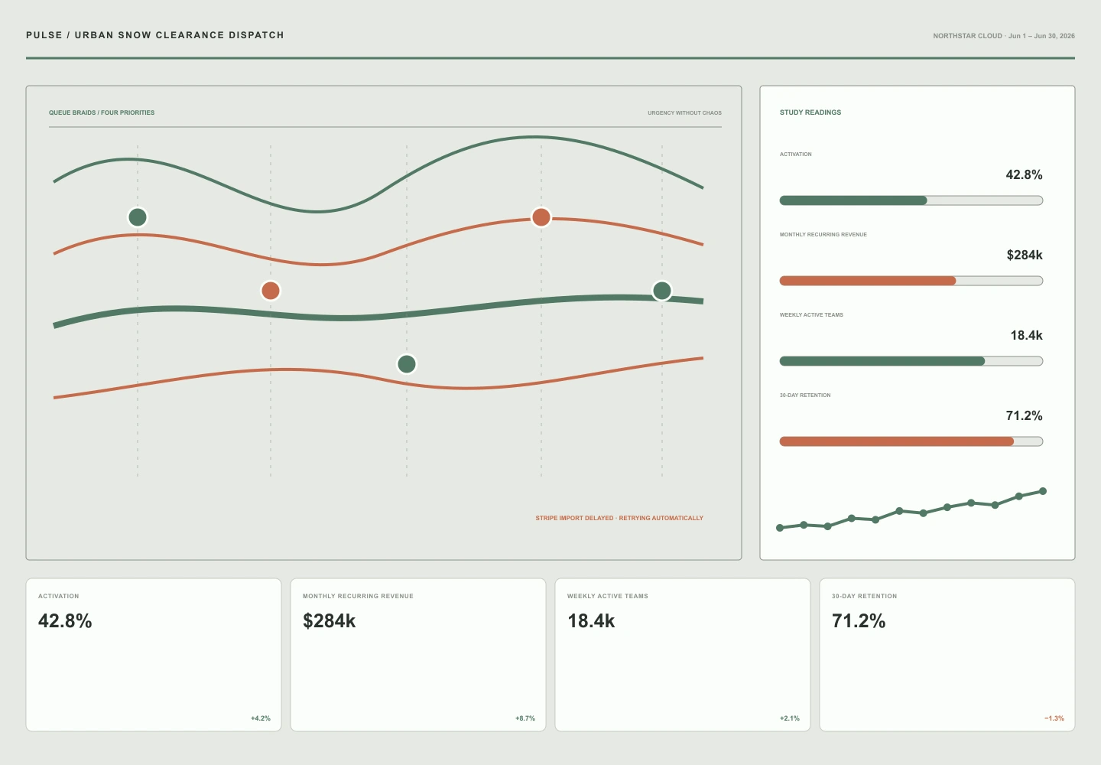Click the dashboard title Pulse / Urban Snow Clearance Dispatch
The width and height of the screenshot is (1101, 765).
coord(154,35)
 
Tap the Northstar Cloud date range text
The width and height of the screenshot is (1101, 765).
coord(1004,36)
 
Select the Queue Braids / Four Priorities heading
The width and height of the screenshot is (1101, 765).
coord(102,112)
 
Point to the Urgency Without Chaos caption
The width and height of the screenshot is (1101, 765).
coord(684,113)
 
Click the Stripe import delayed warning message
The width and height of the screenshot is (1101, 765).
coord(619,518)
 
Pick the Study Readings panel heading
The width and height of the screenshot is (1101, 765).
coord(810,112)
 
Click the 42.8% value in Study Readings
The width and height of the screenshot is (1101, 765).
coord(1024,174)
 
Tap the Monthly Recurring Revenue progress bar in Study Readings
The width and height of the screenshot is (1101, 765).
coord(911,281)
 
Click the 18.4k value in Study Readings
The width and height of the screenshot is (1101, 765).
coord(1026,335)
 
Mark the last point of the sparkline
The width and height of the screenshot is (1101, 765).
coord(1043,491)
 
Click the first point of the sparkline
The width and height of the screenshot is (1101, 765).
coord(780,528)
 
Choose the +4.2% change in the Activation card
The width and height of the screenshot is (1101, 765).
coord(261,718)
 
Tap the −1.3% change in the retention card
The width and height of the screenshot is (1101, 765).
coord(1054,718)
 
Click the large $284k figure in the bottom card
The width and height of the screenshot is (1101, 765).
coord(329,620)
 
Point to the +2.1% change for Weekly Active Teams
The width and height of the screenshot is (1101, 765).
coord(789,718)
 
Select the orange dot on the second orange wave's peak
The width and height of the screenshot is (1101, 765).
coord(541,216)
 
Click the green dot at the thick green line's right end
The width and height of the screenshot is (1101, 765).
coord(662,290)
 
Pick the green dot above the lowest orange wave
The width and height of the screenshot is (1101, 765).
coord(407,364)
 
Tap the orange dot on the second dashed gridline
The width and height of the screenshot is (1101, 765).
coord(271,290)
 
